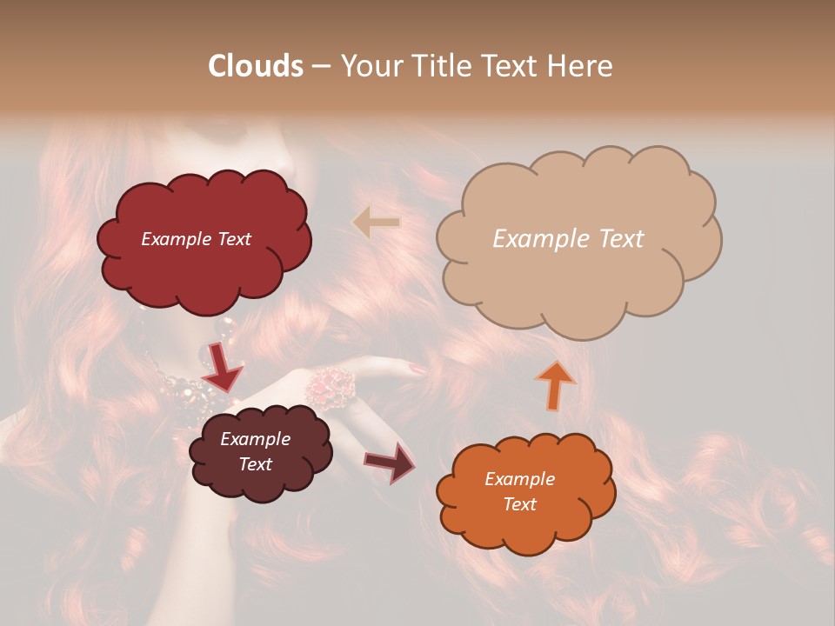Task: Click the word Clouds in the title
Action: tap(256, 66)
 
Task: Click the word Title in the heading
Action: tap(439, 66)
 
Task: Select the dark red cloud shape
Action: tap(204, 261)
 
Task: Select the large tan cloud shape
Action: tap(578, 278)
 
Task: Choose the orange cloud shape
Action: tap(525, 522)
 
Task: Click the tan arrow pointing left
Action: tap(377, 223)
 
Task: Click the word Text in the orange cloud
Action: tap(520, 504)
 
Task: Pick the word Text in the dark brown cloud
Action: tap(256, 464)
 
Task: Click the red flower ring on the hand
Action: tap(330, 385)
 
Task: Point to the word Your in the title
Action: tap(368, 66)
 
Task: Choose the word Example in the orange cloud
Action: tap(520, 479)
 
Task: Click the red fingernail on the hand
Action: tap(418, 370)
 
